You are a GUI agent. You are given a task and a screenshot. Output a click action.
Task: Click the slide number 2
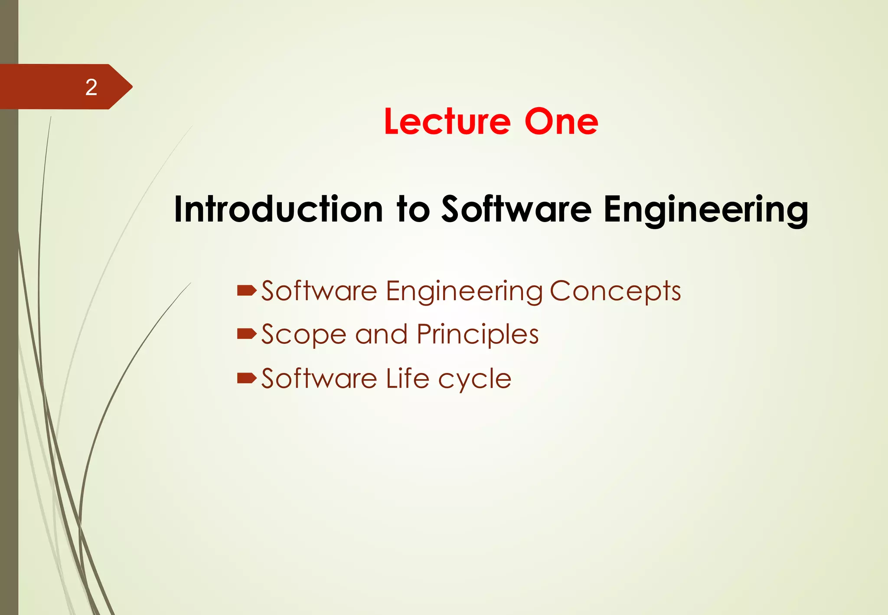91,87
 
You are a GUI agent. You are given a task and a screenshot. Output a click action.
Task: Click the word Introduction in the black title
278,209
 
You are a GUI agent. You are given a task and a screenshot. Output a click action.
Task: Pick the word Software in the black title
516,209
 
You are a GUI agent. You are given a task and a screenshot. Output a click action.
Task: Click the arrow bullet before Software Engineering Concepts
247,290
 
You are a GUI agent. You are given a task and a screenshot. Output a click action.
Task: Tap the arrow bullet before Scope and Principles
247,334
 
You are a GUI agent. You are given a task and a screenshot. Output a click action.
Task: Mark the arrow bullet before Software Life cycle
247,378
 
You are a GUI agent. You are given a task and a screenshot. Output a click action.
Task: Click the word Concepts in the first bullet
615,291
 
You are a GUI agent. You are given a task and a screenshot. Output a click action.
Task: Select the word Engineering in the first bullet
464,291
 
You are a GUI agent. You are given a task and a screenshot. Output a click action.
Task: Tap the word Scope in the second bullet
304,335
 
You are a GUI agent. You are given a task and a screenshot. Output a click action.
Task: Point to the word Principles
477,335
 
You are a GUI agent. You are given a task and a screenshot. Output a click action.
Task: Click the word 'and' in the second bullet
381,335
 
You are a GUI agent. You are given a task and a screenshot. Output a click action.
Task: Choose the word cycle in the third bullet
474,379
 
